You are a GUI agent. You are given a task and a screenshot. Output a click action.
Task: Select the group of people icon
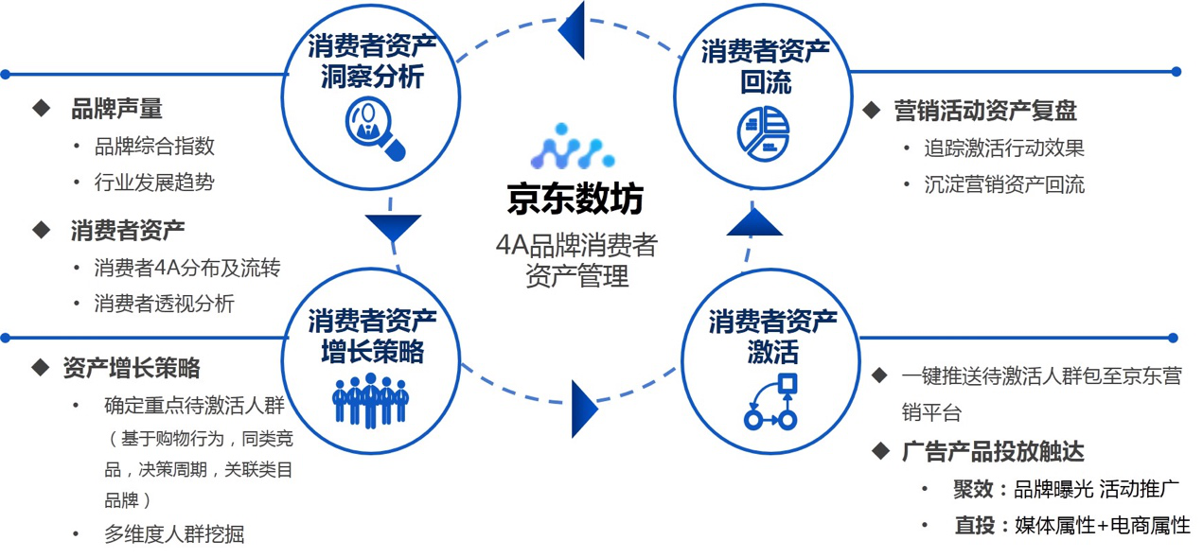click(x=370, y=400)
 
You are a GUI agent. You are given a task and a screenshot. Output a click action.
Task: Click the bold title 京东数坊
click(x=575, y=200)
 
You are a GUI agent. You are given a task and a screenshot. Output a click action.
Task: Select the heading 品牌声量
click(x=116, y=109)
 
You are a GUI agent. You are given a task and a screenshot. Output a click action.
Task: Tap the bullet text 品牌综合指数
click(x=154, y=146)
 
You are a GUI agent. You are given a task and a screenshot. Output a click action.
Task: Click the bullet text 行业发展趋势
click(x=154, y=183)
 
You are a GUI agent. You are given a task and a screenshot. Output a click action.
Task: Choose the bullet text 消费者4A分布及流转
click(x=187, y=268)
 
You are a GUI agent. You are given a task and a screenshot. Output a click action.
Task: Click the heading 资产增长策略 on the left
click(x=132, y=368)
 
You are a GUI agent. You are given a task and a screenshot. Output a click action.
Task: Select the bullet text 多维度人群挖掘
click(x=174, y=533)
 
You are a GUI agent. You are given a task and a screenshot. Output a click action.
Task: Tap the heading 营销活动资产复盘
click(x=985, y=111)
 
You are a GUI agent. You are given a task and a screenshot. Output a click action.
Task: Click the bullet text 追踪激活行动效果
click(x=1004, y=148)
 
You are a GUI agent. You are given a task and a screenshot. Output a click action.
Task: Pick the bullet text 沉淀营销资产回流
click(x=1004, y=184)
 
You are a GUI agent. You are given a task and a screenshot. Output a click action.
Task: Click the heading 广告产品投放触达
click(x=993, y=452)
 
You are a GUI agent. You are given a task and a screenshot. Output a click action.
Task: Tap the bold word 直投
click(x=974, y=526)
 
